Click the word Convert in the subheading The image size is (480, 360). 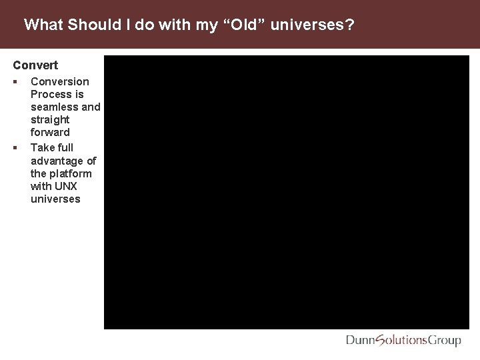35,65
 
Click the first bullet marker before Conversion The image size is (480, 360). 15,81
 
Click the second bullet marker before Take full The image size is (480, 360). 15,147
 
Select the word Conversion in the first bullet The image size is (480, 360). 59,81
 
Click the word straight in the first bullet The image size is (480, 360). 50,119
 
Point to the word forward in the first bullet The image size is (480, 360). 50,132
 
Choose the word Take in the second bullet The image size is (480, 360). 43,147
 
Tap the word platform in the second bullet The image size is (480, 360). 71,173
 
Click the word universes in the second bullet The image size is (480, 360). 55,199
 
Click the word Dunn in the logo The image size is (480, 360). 361,341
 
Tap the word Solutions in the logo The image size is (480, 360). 402,341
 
